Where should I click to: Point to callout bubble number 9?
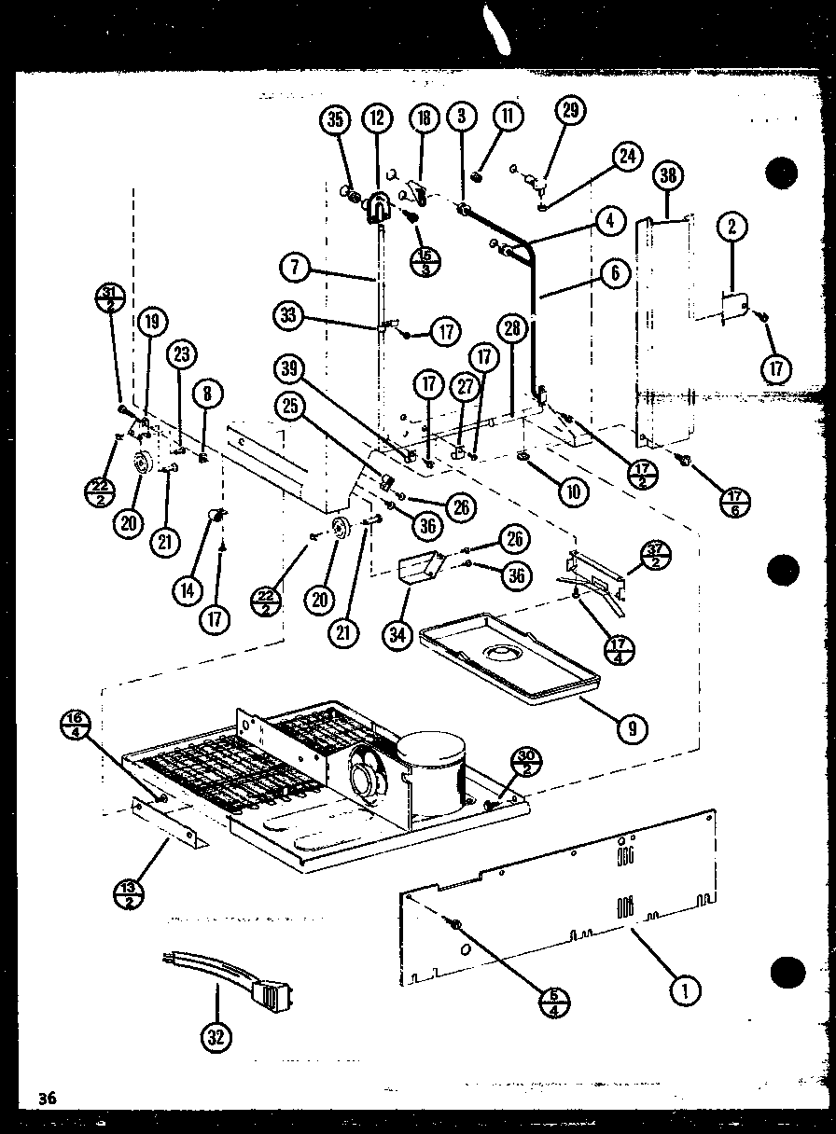click(x=634, y=727)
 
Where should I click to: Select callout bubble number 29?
click(x=572, y=111)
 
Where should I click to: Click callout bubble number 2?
click(x=733, y=226)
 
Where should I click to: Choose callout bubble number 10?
click(x=576, y=491)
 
